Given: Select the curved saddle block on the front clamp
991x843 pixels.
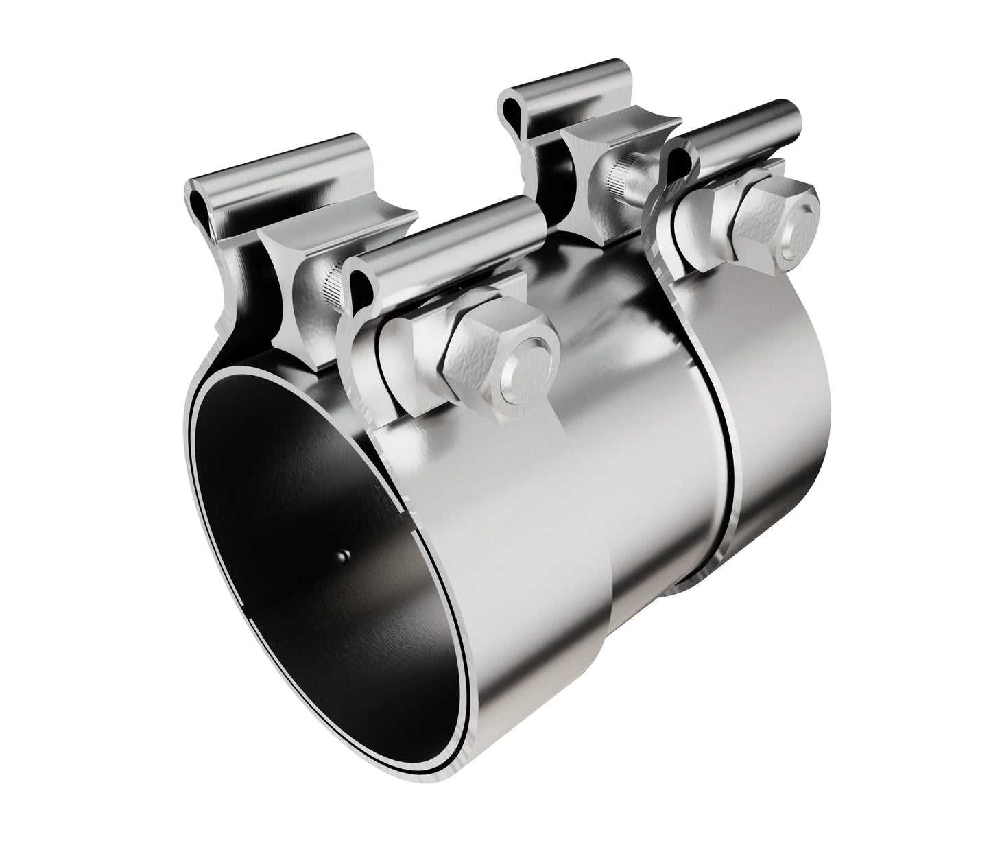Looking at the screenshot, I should (288, 274).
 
